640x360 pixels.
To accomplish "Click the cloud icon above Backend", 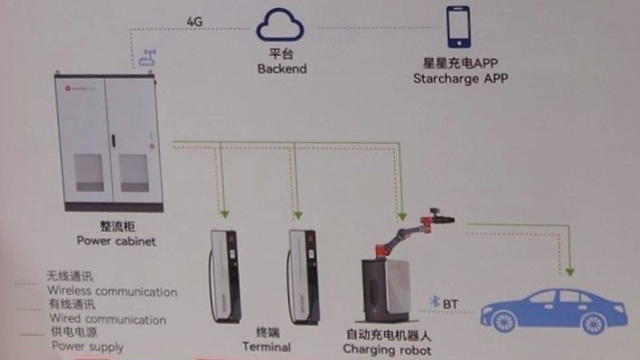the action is pyautogui.click(x=281, y=24).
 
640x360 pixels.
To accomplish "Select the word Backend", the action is pyautogui.click(x=281, y=69).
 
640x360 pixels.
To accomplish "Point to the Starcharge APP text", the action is pyautogui.click(x=460, y=79).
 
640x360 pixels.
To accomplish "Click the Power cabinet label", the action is pyautogui.click(x=116, y=242).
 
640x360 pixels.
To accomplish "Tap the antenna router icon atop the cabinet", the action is pyautogui.click(x=146, y=60).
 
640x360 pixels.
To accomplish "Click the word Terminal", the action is pyautogui.click(x=267, y=346).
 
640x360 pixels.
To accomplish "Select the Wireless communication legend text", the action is pyautogui.click(x=112, y=292).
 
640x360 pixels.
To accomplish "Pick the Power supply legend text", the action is pyautogui.click(x=88, y=346).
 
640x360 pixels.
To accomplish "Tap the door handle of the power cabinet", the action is pyautogui.click(x=114, y=141).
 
